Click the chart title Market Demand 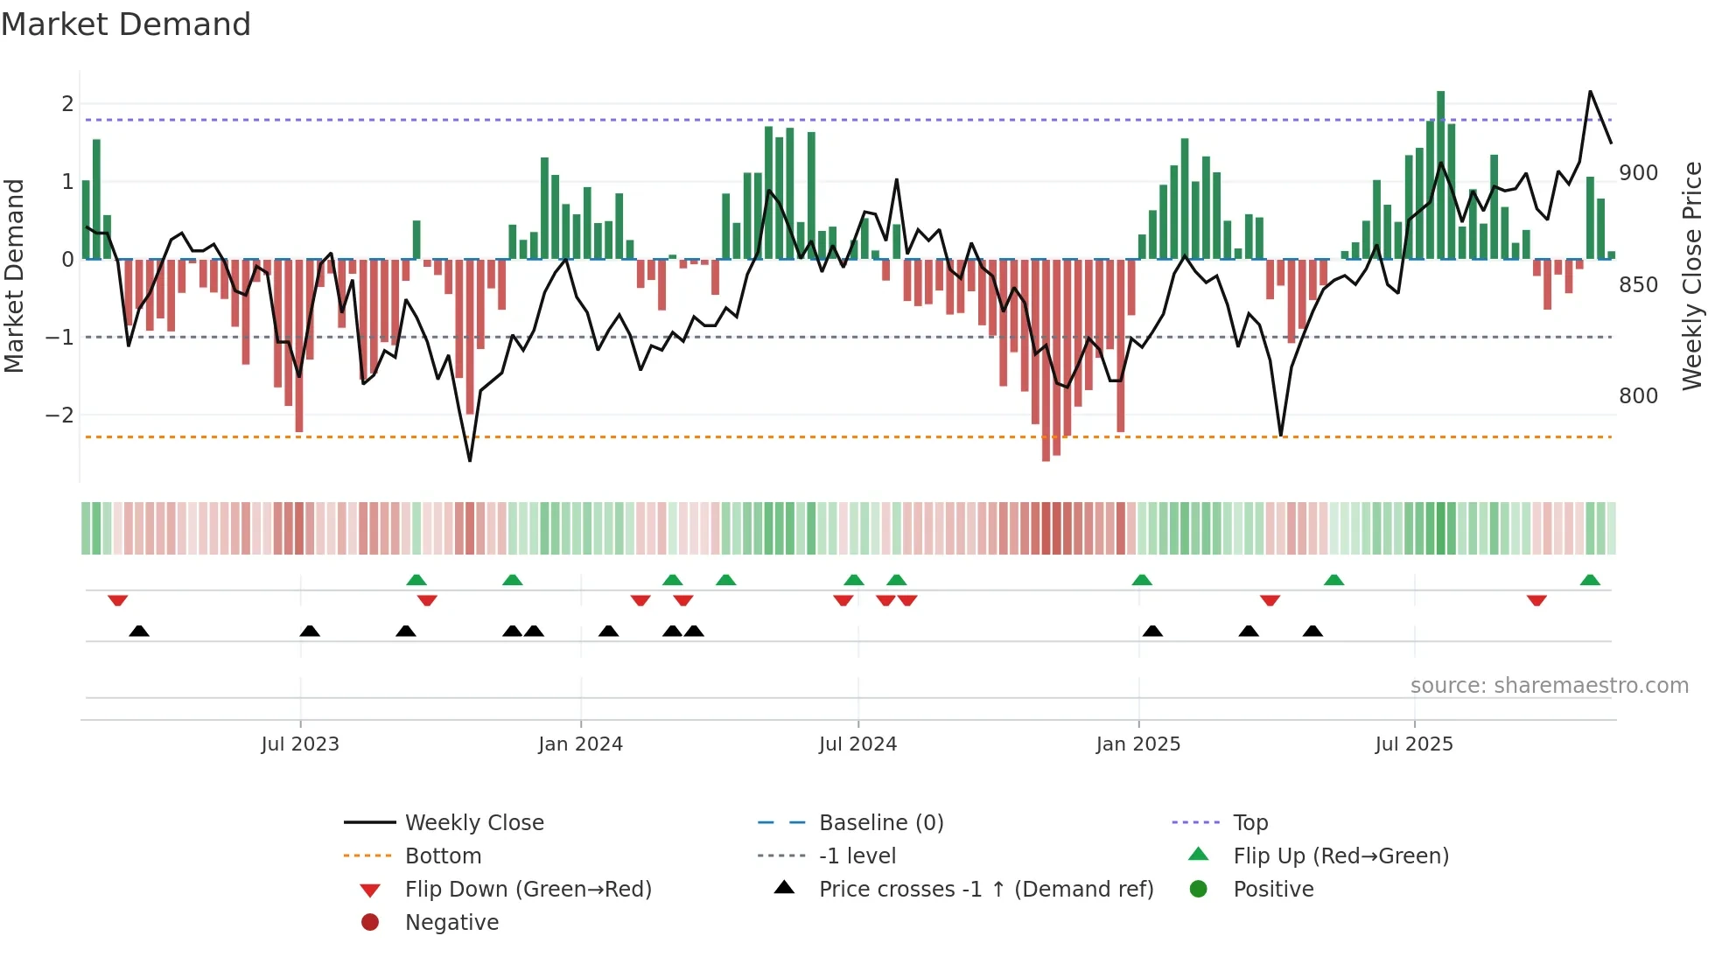point(126,24)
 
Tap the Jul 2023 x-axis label point(300,744)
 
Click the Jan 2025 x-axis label point(1137,744)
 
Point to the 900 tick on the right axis point(1638,173)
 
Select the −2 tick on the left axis point(59,415)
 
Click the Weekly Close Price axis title point(1692,276)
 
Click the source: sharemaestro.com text point(1549,685)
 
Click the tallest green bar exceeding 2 point(1440,175)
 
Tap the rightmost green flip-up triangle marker point(1590,580)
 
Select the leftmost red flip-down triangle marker point(118,600)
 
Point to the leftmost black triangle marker point(139,631)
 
